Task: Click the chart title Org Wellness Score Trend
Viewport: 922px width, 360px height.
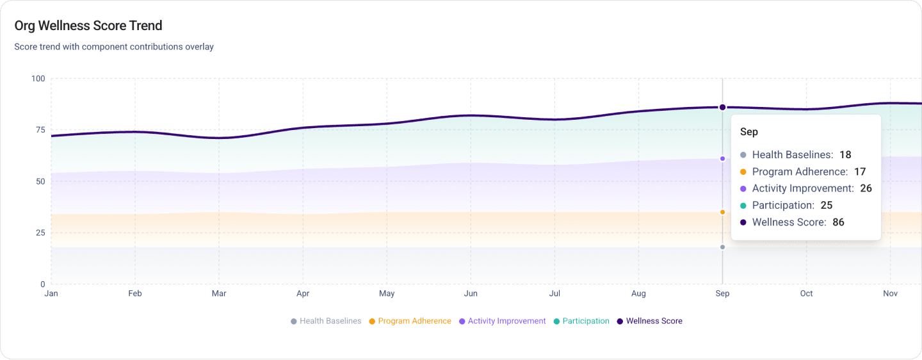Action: tap(88, 26)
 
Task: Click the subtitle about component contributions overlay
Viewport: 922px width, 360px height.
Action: tap(114, 47)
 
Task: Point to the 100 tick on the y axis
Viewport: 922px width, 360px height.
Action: tap(38, 79)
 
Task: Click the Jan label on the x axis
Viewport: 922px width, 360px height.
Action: tap(51, 293)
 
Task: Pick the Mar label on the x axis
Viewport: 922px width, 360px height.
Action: tap(219, 293)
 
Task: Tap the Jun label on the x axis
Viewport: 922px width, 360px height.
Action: tap(471, 293)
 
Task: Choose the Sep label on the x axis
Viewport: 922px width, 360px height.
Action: tap(722, 293)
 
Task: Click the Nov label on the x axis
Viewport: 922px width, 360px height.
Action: tap(890, 293)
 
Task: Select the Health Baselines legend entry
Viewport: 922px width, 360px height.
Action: tap(326, 321)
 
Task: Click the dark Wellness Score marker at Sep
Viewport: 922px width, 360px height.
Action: tap(722, 108)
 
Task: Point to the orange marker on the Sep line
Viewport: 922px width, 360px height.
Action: tap(722, 212)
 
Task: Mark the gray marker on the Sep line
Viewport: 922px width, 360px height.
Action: tap(722, 247)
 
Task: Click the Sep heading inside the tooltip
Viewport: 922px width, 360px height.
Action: tap(749, 132)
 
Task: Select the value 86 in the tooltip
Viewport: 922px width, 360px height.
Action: tap(838, 222)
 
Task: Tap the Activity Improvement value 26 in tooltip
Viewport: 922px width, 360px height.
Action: tap(866, 188)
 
